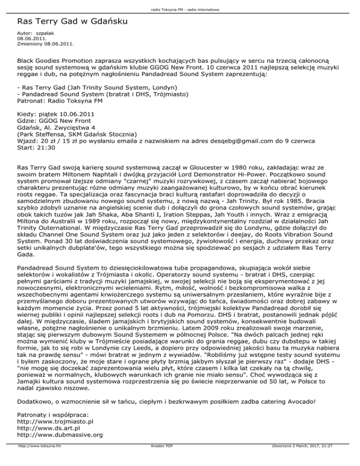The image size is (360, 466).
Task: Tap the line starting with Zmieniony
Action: tap(45, 45)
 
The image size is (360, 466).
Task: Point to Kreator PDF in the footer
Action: tap(159, 459)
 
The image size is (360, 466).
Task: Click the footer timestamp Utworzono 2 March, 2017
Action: tap(300, 459)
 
